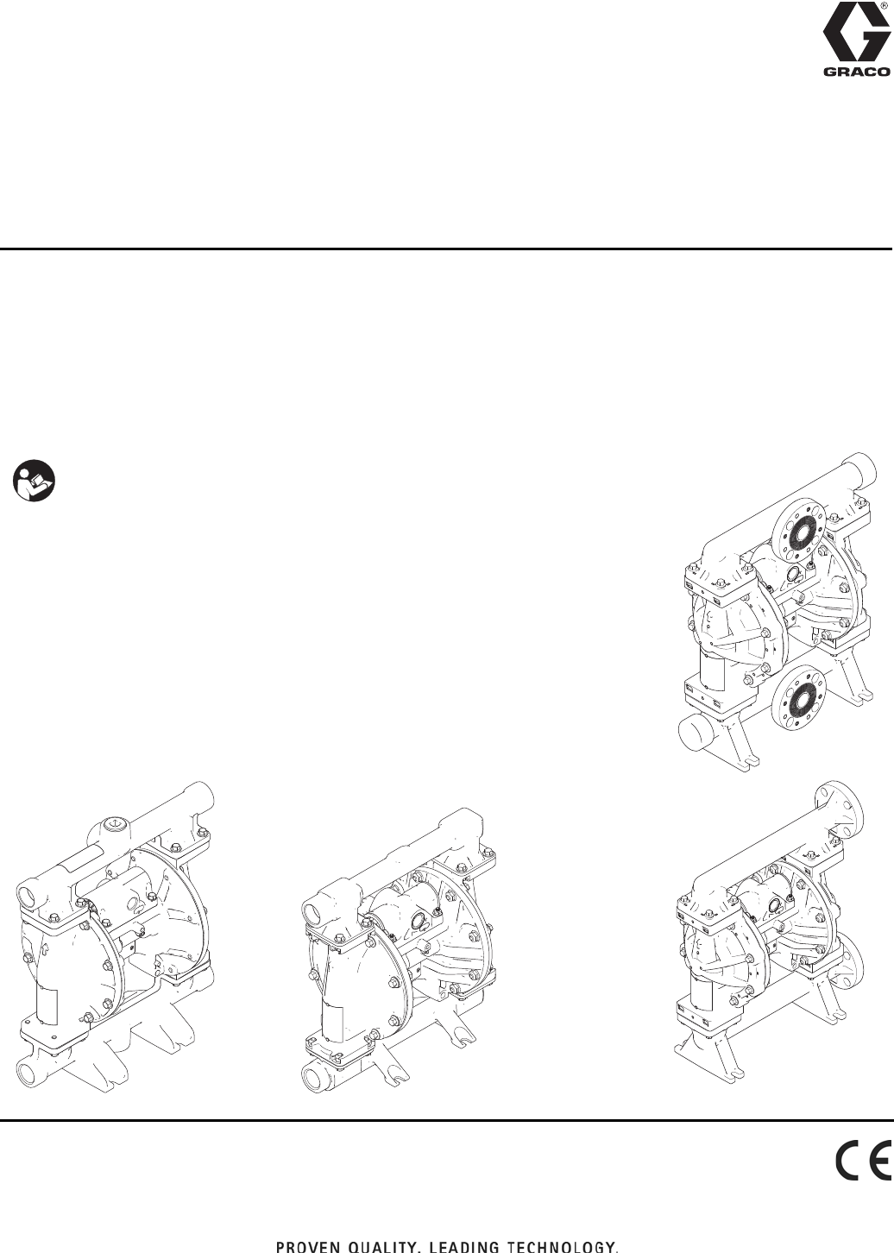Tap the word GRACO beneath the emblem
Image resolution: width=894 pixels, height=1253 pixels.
pos(856,72)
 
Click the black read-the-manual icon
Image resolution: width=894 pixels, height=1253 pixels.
pos(35,481)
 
